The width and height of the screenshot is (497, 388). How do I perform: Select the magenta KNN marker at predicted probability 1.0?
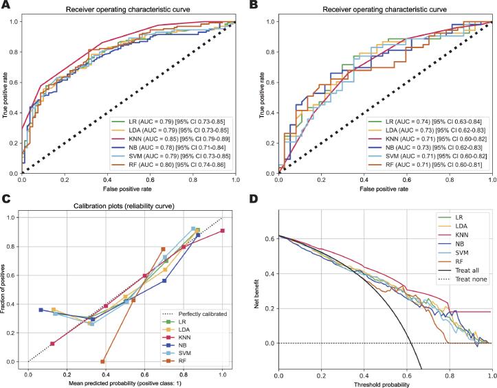[222, 231]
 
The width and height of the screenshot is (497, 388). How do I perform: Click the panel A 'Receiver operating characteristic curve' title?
[129, 10]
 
